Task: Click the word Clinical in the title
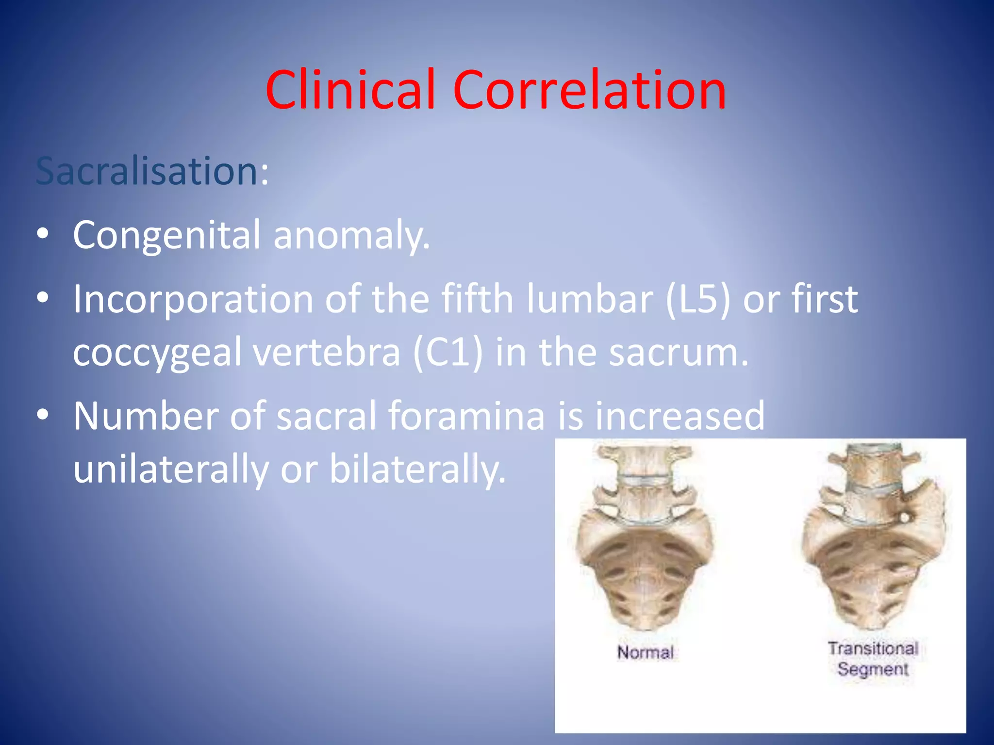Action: pos(349,90)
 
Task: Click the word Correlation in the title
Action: pos(590,90)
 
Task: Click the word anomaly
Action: pos(351,235)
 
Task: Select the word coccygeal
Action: pos(157,353)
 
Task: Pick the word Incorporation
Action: pos(193,299)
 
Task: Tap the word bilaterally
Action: pos(417,469)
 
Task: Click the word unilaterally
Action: pos(171,469)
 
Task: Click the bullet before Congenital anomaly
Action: pos(43,234)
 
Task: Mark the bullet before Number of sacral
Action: pos(43,415)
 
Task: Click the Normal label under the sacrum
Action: pos(645,652)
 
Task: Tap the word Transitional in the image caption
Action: pos(873,648)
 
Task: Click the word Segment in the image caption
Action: pos(873,669)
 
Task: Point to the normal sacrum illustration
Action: pos(644,538)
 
